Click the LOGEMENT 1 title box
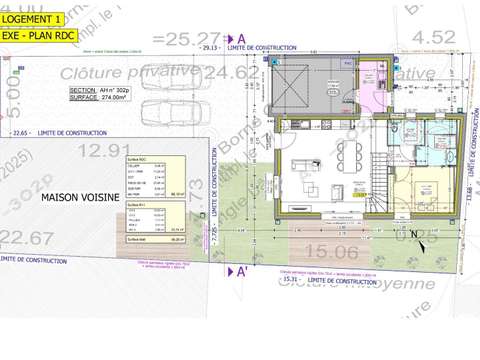(x=33, y=18)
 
